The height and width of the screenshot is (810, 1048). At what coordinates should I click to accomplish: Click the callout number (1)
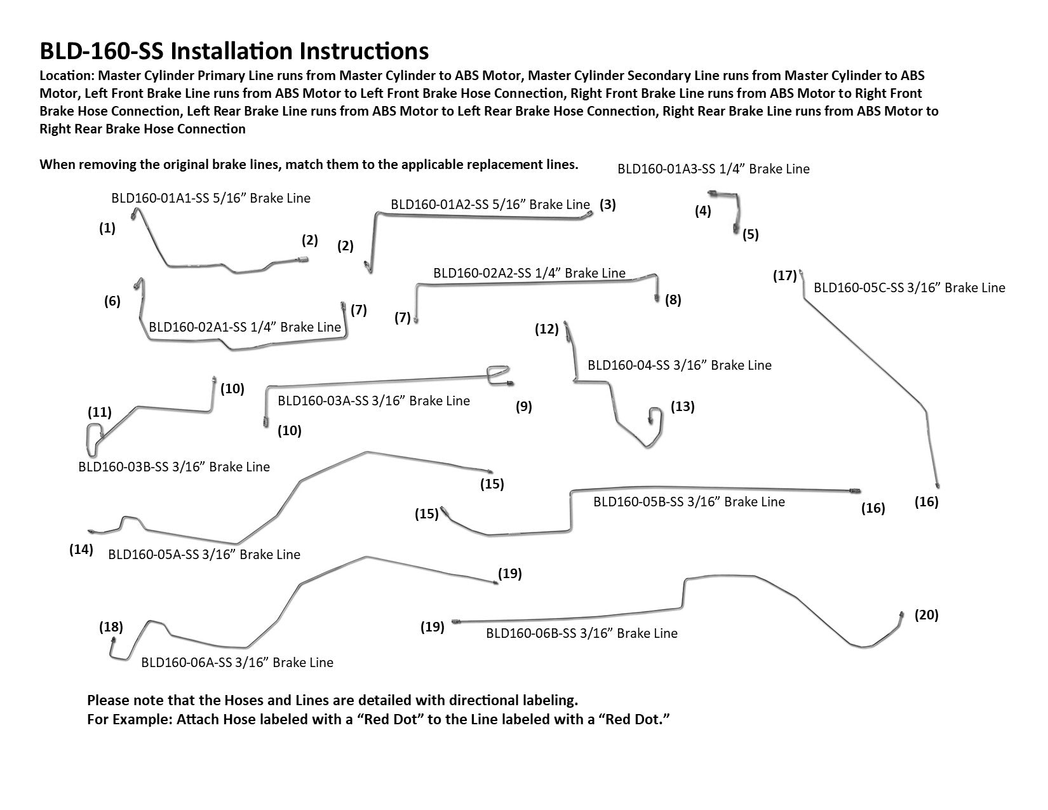pyautogui.click(x=107, y=229)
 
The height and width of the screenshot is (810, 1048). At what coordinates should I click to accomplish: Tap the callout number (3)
pyautogui.click(x=607, y=205)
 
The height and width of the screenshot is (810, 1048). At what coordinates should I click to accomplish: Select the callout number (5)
pyautogui.click(x=750, y=234)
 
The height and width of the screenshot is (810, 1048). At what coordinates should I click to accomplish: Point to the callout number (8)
pyautogui.click(x=673, y=300)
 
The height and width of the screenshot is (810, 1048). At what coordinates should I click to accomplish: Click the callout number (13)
pyautogui.click(x=683, y=407)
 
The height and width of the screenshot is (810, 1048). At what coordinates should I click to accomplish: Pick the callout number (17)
pyautogui.click(x=784, y=276)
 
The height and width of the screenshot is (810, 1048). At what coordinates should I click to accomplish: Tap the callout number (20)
pyautogui.click(x=926, y=615)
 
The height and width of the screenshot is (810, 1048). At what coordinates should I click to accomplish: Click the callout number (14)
pyautogui.click(x=81, y=550)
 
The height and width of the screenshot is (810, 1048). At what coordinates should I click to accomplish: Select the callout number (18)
pyautogui.click(x=111, y=628)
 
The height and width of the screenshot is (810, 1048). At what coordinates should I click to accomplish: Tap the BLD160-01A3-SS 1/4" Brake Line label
pyautogui.click(x=713, y=169)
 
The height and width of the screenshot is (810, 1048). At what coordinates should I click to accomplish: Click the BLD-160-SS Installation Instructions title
pyautogui.click(x=234, y=50)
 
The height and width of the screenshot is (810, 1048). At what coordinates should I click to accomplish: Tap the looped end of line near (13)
pyautogui.click(x=653, y=416)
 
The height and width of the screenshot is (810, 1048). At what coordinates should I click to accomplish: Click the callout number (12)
pyautogui.click(x=547, y=329)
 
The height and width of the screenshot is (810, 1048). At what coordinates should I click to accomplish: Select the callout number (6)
pyautogui.click(x=112, y=302)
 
